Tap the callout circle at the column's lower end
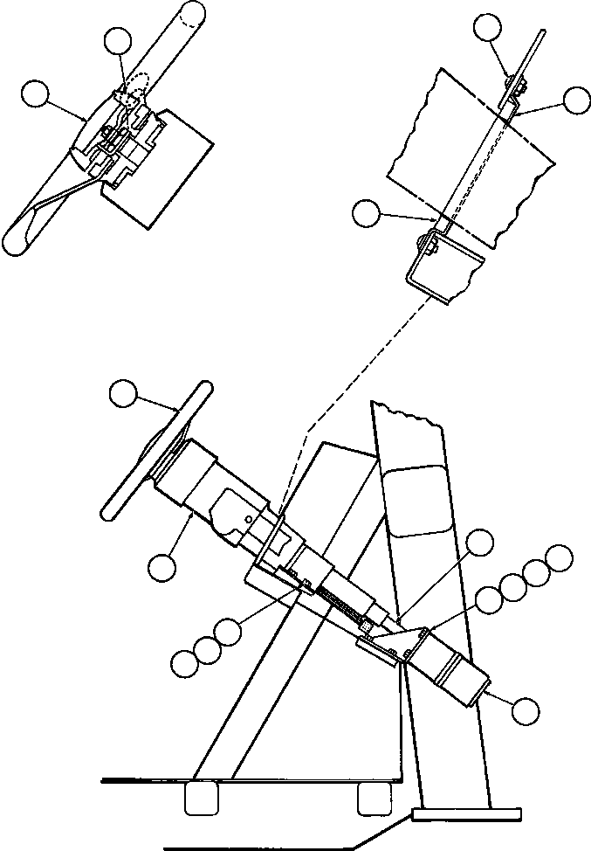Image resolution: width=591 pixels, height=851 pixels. pos(525,710)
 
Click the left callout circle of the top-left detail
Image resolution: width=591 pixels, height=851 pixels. pos(36,93)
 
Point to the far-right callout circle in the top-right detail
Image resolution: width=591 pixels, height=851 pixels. pos(576,100)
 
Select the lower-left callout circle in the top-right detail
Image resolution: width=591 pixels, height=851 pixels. pos(367,212)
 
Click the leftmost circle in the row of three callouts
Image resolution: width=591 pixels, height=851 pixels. pos(184,663)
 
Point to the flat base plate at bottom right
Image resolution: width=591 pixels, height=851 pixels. pos(465,815)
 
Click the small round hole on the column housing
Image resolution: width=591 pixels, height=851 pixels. pos(250,517)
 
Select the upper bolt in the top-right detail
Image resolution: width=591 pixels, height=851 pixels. pos(517,85)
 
